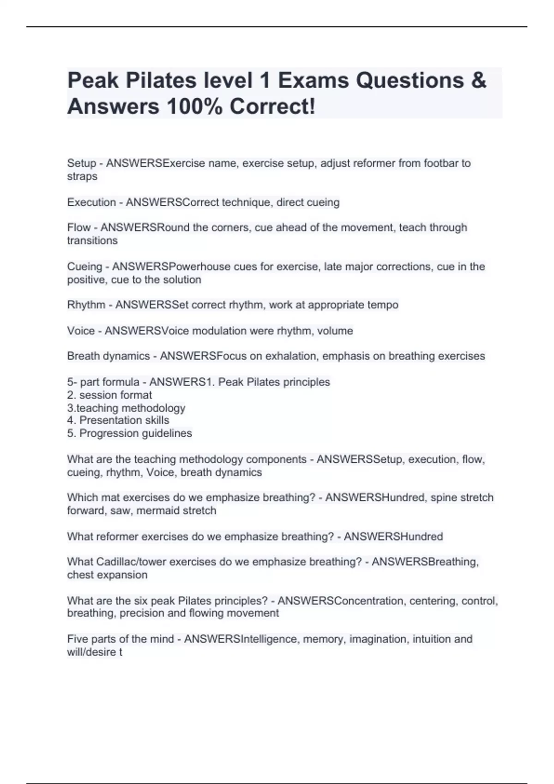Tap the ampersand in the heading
pyautogui.click(x=479, y=81)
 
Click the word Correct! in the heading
pyautogui.click(x=272, y=107)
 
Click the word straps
pyautogui.click(x=82, y=176)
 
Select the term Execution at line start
pyautogui.click(x=91, y=202)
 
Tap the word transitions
pyautogui.click(x=92, y=240)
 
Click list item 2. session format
pyautogui.click(x=109, y=395)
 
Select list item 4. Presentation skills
pyautogui.click(x=118, y=420)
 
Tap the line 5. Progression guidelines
pyautogui.click(x=129, y=433)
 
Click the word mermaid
pyautogui.click(x=157, y=511)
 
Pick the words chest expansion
pyautogui.click(x=107, y=575)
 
